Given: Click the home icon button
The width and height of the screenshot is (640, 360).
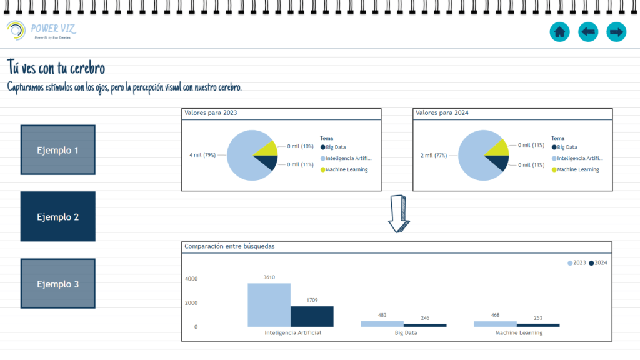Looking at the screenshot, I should point(559,31).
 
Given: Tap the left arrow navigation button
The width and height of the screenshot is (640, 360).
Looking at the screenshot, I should point(588,31).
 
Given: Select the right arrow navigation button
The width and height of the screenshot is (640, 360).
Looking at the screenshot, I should point(617,31).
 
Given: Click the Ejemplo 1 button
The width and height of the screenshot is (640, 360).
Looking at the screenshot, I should point(57,150).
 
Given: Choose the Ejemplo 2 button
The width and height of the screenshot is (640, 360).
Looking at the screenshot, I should point(57,217).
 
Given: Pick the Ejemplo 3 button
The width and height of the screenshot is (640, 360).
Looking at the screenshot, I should point(57,284).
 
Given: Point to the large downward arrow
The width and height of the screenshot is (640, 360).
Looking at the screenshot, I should point(398,213).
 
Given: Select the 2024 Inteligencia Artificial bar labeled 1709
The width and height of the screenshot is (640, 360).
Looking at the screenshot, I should point(312,316).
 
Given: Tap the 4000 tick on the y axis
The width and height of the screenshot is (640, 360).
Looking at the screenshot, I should point(191,279).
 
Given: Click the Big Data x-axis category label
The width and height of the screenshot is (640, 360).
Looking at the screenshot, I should point(406,333).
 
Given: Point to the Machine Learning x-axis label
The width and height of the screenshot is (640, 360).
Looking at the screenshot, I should point(519,333).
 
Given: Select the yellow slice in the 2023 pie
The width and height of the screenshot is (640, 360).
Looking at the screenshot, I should point(267,148).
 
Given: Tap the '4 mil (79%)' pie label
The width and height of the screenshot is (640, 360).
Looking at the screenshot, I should point(202,155).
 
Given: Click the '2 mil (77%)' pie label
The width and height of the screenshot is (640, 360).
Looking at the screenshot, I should point(433,155).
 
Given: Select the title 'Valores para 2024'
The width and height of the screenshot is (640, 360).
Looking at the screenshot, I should point(442,113).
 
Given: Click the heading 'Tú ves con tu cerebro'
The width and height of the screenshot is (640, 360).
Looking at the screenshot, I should point(56,67).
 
